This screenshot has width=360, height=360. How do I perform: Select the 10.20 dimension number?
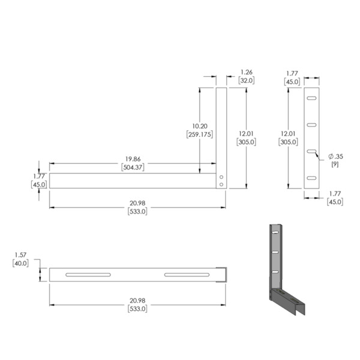click(200, 126)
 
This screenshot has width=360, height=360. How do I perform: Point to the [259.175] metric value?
click(200, 134)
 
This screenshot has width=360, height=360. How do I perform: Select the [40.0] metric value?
click(20, 263)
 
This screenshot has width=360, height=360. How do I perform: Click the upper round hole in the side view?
click(221, 178)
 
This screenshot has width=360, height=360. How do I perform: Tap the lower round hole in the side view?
click(221, 185)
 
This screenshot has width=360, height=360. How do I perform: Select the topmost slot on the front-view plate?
click(311, 98)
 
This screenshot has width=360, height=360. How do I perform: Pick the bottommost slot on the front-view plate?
click(311, 178)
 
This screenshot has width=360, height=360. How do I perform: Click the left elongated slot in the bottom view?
click(89, 275)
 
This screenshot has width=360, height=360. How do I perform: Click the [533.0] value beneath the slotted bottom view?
click(137, 308)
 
